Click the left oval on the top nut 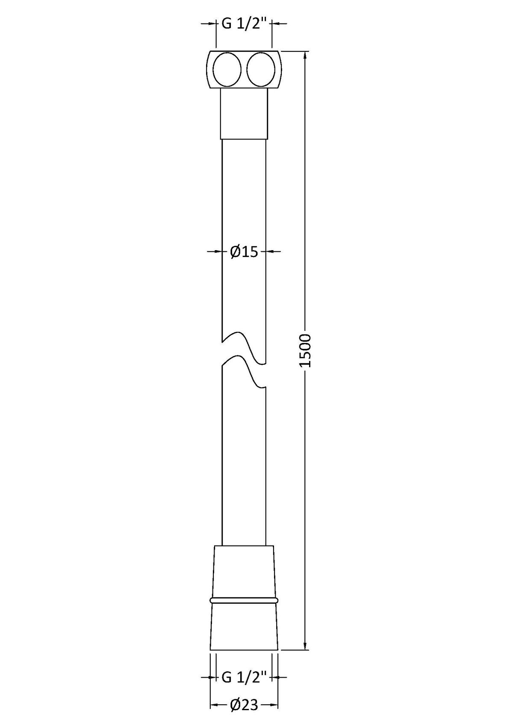point(227,69)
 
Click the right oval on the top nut point(261,69)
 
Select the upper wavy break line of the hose point(244,348)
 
